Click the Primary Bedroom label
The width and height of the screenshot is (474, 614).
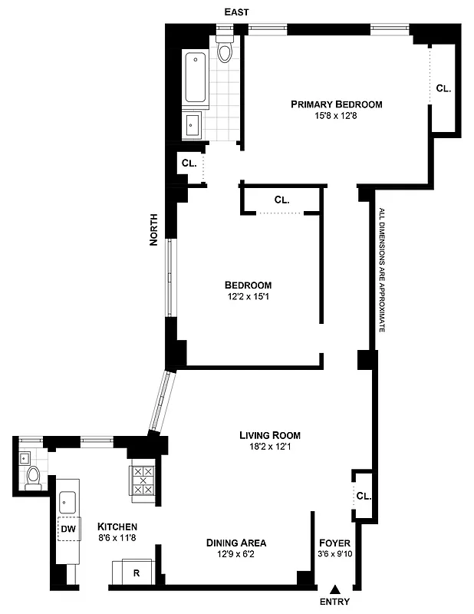336,104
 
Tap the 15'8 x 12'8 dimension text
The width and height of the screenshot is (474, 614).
336,116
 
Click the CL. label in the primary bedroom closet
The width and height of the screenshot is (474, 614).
443,88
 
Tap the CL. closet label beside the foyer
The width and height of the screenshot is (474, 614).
363,496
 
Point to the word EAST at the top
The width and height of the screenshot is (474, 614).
235,12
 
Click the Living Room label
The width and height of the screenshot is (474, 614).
269,434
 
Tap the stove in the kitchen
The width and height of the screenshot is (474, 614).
143,481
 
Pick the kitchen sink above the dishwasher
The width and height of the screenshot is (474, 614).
67,500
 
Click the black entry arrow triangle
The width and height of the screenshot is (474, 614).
334,589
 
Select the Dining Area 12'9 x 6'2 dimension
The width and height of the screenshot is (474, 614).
236,554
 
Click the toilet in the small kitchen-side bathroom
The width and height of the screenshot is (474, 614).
33,479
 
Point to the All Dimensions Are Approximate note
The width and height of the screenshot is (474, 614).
381,269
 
